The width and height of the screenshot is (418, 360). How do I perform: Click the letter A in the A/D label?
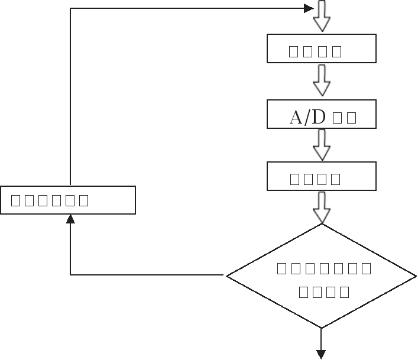pyautogui.click(x=296, y=117)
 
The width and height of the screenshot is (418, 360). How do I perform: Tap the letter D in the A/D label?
pyautogui.click(x=318, y=117)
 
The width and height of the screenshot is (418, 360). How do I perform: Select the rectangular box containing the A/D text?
pyautogui.click(x=322, y=114)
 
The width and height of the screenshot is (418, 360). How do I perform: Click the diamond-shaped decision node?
pyautogui.click(x=322, y=276)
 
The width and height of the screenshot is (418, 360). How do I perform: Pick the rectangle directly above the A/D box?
pyautogui.click(x=322, y=48)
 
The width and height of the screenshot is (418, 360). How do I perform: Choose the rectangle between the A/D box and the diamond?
pyautogui.click(x=322, y=176)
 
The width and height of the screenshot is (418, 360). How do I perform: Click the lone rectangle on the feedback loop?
pyautogui.click(x=68, y=200)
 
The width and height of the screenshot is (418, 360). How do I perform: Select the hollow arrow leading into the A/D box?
pyautogui.click(x=322, y=80)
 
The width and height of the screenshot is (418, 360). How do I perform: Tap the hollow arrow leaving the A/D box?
pyautogui.click(x=322, y=144)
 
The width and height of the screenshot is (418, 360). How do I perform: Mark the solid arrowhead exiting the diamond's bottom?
pyautogui.click(x=321, y=354)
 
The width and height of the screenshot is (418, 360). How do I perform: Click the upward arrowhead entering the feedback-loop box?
pyautogui.click(x=70, y=219)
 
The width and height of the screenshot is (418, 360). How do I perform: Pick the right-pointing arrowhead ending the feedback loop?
pyautogui.click(x=308, y=8)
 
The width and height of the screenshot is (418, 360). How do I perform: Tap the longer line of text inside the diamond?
pyautogui.click(x=325, y=269)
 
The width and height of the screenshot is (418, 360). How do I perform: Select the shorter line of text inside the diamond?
pyautogui.click(x=324, y=291)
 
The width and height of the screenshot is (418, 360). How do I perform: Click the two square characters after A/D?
pyautogui.click(x=344, y=118)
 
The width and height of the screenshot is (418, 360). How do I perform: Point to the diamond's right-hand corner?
pyautogui.click(x=415, y=275)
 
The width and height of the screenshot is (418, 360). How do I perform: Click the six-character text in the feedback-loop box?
pyautogui.click(x=50, y=200)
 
